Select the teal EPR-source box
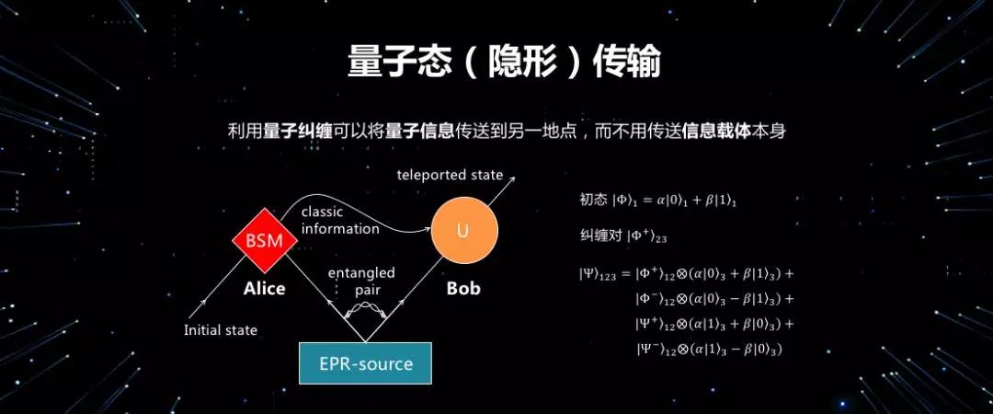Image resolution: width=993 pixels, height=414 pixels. [x=365, y=363]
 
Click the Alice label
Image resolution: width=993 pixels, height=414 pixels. [x=265, y=288]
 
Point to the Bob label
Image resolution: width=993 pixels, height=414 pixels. [x=463, y=288]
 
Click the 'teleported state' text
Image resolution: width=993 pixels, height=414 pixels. [x=450, y=174]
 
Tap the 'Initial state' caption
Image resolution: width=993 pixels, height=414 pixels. [x=221, y=329]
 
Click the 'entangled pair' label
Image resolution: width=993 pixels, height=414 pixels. [x=361, y=281]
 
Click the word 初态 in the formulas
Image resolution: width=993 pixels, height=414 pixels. [x=589, y=199]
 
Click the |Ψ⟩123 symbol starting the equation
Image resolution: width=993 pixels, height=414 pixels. [x=599, y=274]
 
